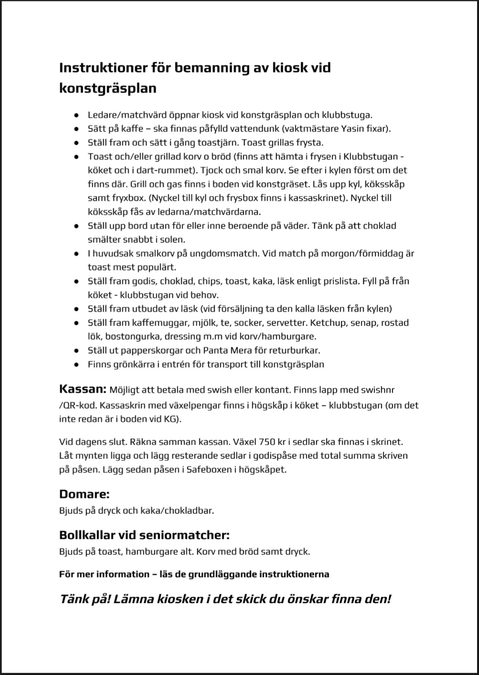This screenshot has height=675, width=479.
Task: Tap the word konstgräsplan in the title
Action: (107, 89)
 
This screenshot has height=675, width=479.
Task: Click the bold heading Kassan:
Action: (83, 388)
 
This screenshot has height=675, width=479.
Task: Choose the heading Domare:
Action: (85, 494)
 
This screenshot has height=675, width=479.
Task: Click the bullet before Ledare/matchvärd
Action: (76, 115)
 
